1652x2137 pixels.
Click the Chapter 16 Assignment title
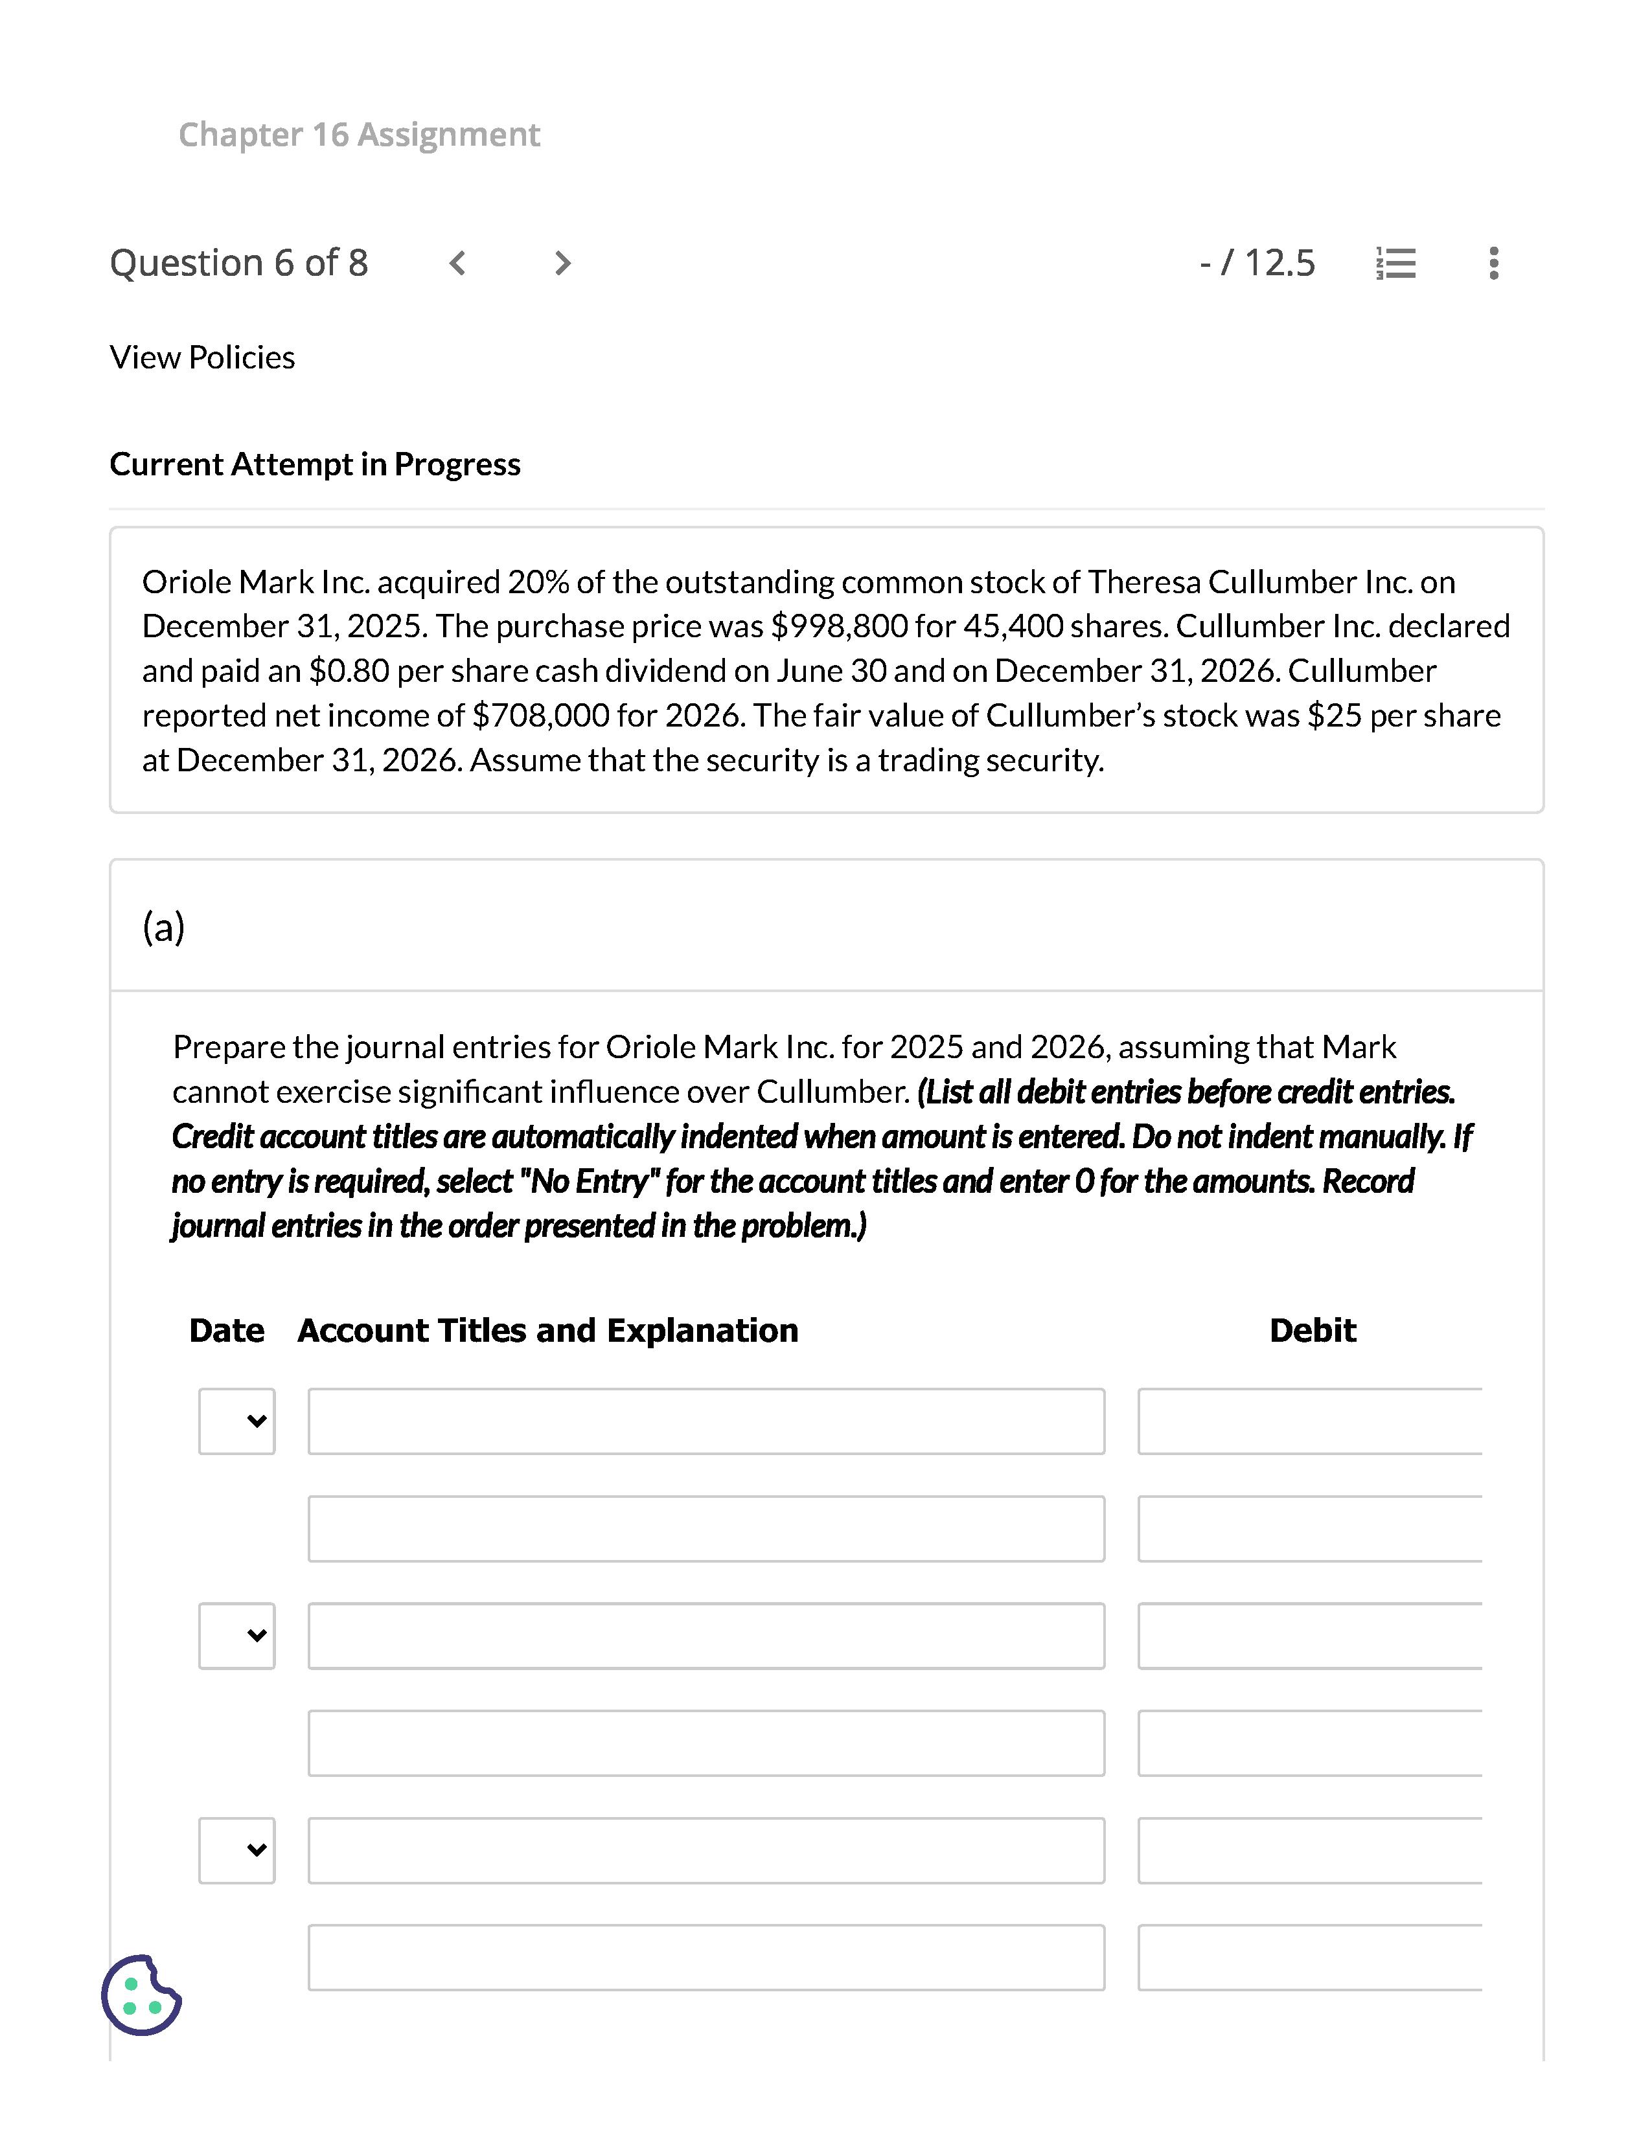tap(358, 134)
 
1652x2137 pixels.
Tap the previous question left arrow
tap(457, 263)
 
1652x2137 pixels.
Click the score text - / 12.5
tap(1257, 263)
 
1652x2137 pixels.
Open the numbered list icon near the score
tap(1395, 263)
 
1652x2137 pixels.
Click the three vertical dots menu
tap(1493, 263)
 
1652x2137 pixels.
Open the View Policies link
tap(201, 357)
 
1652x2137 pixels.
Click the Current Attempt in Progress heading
tap(314, 464)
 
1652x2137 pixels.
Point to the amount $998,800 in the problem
tap(839, 626)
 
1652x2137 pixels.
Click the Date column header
tap(226, 1331)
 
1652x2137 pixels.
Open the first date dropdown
tap(237, 1421)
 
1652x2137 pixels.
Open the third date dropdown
tap(237, 1849)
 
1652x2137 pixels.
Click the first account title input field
tap(706, 1421)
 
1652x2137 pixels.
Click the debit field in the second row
tap(1309, 1528)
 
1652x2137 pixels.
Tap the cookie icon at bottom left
tap(141, 1995)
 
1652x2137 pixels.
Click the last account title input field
tap(706, 1957)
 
